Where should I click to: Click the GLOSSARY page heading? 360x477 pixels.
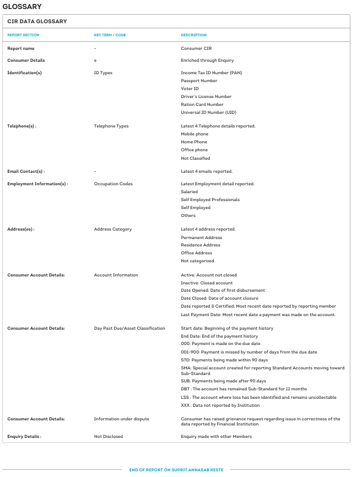pos(22,6)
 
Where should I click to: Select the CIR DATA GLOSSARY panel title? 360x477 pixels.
pos(37,22)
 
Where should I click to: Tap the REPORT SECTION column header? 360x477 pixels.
pos(23,35)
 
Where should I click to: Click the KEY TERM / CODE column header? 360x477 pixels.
pos(110,35)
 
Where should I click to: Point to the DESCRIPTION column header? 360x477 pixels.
pos(194,35)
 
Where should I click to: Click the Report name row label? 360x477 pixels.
pos(21,49)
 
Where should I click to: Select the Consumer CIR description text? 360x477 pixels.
pos(196,49)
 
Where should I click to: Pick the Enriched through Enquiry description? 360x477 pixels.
pos(207,60)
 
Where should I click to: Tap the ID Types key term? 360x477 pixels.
pos(103,73)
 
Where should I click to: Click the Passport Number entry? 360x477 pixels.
pos(199,80)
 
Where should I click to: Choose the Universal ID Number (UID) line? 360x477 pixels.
pos(209,112)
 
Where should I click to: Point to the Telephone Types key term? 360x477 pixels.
pos(111,126)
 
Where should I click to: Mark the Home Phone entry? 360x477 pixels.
pos(194,142)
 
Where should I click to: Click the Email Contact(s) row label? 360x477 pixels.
pos(26,171)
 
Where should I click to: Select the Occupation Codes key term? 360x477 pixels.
pos(113,184)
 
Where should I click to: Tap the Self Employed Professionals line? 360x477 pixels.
pos(210,199)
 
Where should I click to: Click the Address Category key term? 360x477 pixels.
pos(113,229)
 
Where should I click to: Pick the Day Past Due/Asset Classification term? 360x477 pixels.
pos(130,328)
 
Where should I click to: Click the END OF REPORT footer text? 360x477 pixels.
pos(176,470)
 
